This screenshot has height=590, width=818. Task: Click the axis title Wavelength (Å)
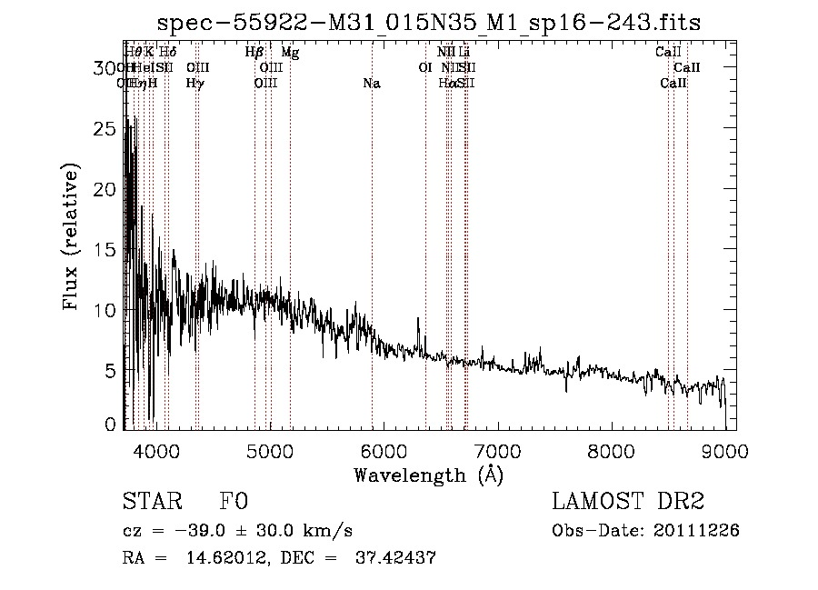428,475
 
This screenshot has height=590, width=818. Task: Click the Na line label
372,84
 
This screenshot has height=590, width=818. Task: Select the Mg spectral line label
290,53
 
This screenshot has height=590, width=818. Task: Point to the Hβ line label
254,53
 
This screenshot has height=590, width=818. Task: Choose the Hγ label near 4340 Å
195,84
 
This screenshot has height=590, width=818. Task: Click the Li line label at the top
464,53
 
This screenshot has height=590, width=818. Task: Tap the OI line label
424,68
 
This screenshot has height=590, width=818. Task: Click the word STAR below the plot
146,502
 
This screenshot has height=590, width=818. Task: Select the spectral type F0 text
234,502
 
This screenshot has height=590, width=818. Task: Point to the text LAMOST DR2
628,502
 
